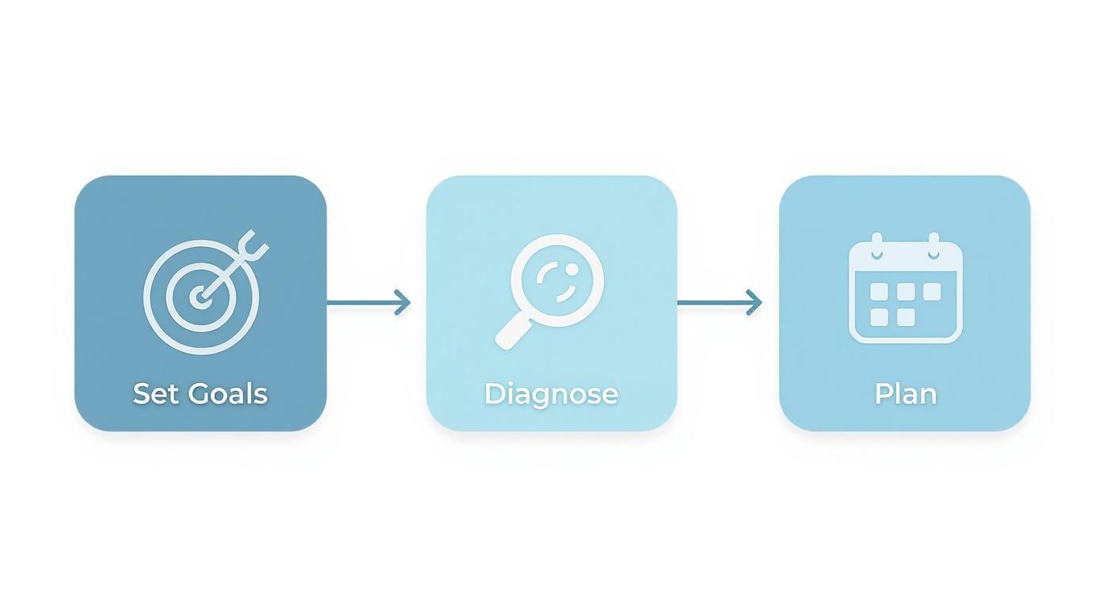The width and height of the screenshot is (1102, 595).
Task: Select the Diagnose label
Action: click(551, 395)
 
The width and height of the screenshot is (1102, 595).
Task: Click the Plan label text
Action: click(905, 394)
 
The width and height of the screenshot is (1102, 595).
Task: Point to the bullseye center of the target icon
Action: click(200, 297)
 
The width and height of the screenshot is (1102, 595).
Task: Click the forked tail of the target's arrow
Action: click(253, 245)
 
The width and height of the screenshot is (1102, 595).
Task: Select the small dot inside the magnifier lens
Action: click(572, 268)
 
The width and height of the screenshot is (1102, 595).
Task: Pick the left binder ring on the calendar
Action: click(876, 245)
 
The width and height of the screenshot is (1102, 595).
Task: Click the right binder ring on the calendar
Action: click(933, 245)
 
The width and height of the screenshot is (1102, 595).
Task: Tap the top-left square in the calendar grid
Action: click(879, 292)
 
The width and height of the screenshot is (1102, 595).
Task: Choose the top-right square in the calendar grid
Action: click(932, 292)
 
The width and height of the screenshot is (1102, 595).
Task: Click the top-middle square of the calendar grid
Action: click(906, 292)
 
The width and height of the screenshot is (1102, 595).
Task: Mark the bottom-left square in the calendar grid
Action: click(879, 317)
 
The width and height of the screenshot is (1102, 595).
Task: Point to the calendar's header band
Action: click(906, 256)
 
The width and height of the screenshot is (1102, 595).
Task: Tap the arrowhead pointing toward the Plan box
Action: click(754, 302)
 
